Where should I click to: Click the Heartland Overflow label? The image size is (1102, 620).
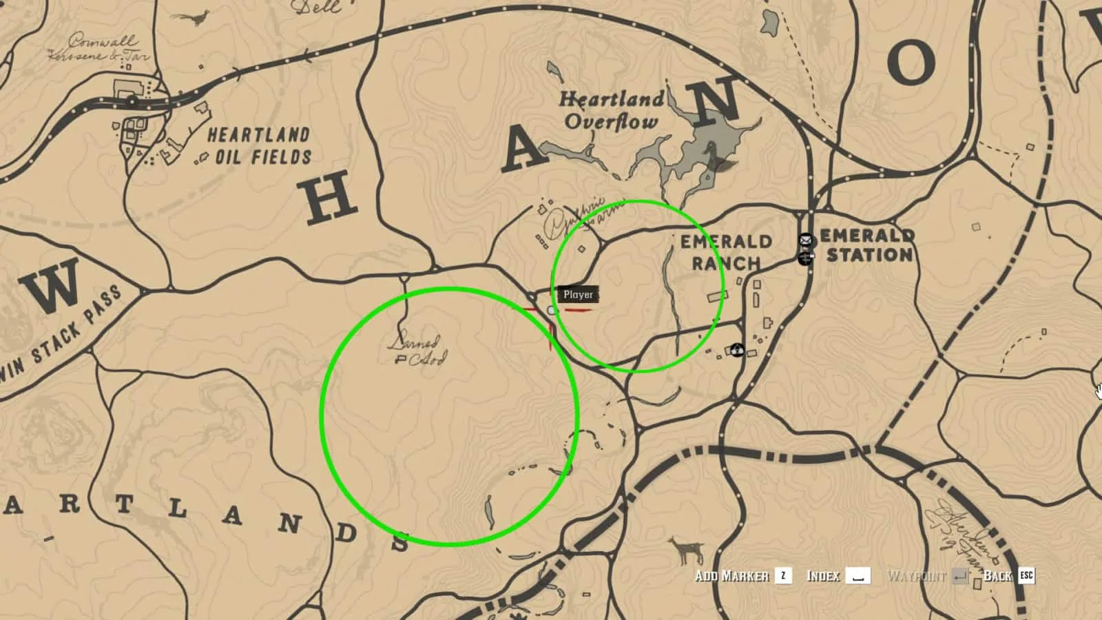click(x=611, y=110)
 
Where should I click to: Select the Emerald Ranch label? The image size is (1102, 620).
click(x=726, y=252)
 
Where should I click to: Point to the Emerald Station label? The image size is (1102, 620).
click(x=868, y=245)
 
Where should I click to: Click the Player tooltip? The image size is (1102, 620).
click(x=578, y=294)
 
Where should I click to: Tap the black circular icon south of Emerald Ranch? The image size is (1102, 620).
click(x=738, y=349)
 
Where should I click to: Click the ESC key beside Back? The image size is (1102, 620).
click(x=1026, y=575)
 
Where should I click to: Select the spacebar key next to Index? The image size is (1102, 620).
click(x=857, y=576)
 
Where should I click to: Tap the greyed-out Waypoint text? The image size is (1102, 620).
click(x=916, y=576)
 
